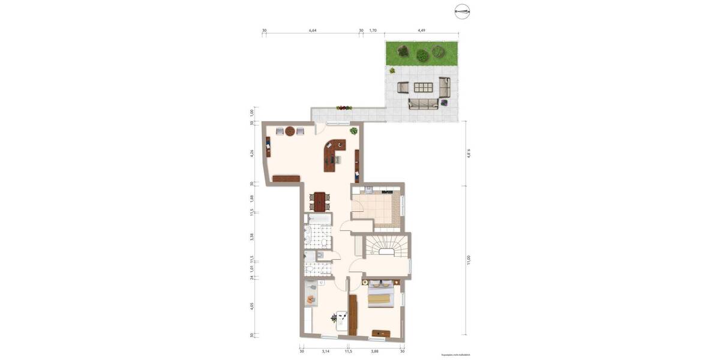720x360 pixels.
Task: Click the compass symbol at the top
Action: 462,10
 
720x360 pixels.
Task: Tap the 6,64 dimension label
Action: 313,30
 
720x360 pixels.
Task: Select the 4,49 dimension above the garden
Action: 421,30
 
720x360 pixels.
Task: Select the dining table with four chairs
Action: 320,200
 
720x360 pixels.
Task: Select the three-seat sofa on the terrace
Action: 422,105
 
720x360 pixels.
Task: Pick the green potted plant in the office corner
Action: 353,130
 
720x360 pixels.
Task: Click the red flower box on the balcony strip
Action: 344,108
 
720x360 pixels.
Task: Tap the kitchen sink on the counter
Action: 368,190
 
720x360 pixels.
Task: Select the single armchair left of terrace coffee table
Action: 403,88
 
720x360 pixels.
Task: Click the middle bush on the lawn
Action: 422,55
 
